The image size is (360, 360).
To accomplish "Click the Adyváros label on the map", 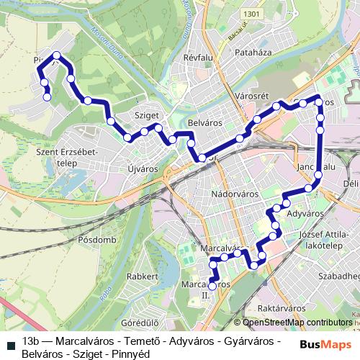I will click(303, 214).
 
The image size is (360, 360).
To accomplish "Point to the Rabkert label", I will click(142, 276).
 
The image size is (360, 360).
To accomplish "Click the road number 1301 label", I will click(251, 14).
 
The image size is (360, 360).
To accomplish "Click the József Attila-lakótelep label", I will click(330, 240).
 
